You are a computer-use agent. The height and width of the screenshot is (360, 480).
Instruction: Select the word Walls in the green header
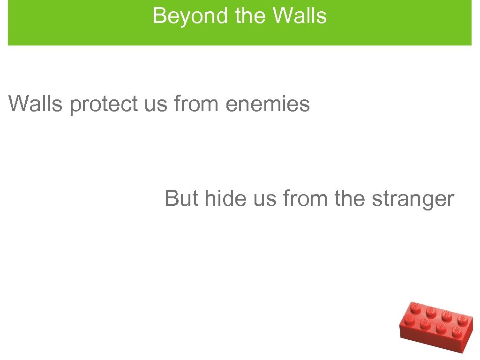tap(300, 16)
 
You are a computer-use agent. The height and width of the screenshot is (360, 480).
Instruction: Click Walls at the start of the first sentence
tap(35, 104)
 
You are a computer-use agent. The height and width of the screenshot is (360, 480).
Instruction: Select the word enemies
tap(267, 104)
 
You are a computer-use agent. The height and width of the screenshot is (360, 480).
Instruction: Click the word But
tap(181, 198)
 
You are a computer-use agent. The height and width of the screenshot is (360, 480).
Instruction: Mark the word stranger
tap(412, 198)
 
